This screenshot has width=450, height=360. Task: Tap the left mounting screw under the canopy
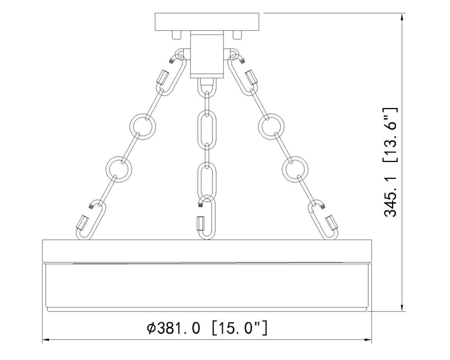click(x=176, y=35)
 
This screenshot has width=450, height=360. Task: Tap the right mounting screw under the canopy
click(x=237, y=35)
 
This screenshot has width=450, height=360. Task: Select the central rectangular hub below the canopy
click(x=207, y=55)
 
